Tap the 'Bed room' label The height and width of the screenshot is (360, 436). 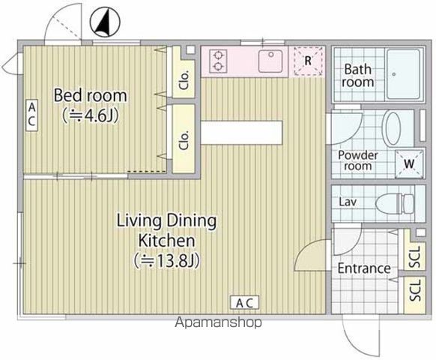click(x=91, y=95)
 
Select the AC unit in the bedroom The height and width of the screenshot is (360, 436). click(x=31, y=115)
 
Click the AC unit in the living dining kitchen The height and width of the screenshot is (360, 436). click(x=245, y=303)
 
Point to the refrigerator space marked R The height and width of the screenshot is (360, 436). click(x=308, y=61)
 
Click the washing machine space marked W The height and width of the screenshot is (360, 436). click(x=409, y=163)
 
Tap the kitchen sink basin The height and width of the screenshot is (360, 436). click(x=270, y=61)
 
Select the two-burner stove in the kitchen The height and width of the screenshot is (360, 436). click(x=218, y=61)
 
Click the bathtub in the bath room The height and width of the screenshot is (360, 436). click(x=404, y=74)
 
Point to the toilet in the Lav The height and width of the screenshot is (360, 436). click(x=394, y=204)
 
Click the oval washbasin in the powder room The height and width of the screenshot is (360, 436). click(x=391, y=128)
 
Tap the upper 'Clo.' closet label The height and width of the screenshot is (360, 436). click(x=184, y=80)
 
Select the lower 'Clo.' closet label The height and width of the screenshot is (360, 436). click(x=184, y=139)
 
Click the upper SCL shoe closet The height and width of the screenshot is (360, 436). click(x=415, y=250)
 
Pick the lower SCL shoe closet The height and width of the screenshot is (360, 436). click(x=415, y=295)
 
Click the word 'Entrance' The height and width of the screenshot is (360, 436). click(x=364, y=268)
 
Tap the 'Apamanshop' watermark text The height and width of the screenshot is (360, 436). click(x=218, y=322)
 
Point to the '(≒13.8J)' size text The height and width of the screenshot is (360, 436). click(x=166, y=261)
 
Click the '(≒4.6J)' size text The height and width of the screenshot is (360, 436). click(x=91, y=115)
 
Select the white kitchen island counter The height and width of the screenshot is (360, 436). click(x=241, y=133)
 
